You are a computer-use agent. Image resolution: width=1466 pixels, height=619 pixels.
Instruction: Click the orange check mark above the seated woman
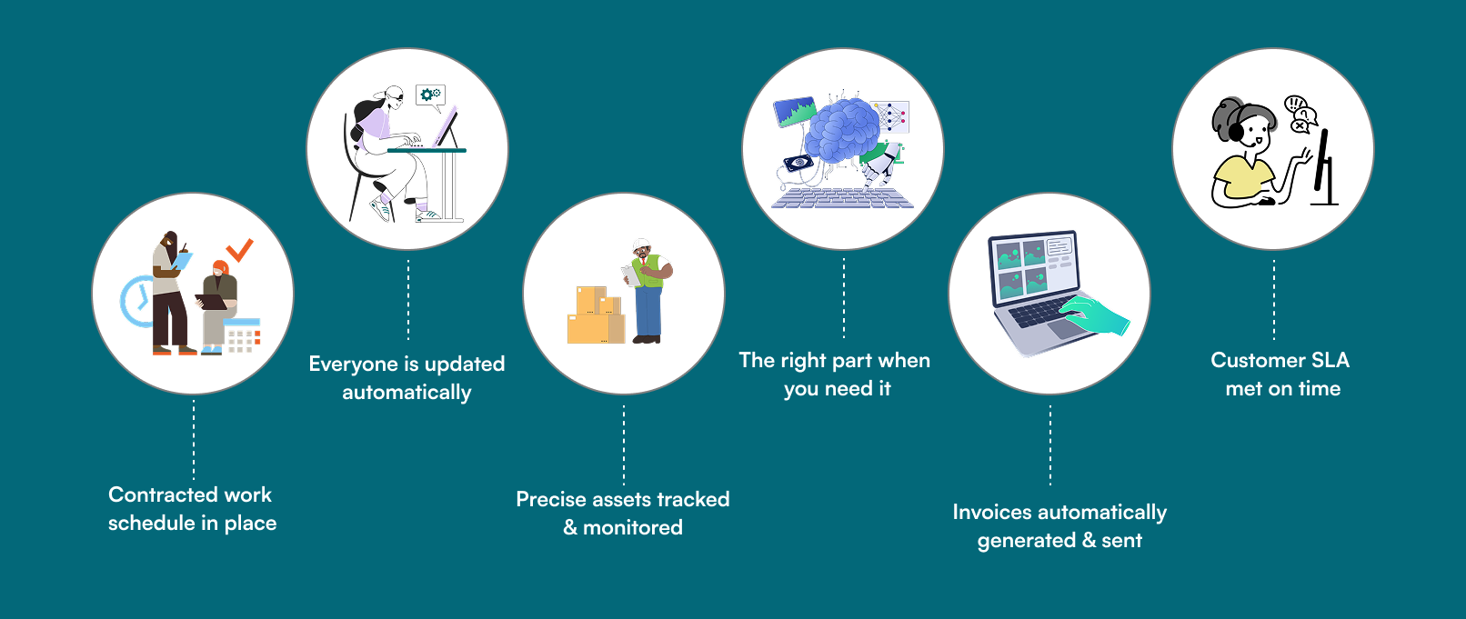(x=239, y=250)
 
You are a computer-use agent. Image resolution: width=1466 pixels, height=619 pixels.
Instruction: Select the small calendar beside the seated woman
(x=242, y=335)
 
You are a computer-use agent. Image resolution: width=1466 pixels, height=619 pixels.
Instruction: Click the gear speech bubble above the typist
(x=431, y=96)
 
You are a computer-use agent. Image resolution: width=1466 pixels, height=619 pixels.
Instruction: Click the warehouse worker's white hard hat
(x=641, y=245)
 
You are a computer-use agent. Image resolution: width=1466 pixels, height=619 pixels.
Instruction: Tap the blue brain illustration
(x=841, y=131)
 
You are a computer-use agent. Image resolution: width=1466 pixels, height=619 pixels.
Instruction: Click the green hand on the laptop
(x=1094, y=315)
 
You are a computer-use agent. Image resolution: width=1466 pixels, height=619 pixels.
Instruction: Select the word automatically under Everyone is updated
(x=407, y=393)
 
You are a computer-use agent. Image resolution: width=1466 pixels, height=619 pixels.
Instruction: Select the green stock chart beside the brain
(x=795, y=112)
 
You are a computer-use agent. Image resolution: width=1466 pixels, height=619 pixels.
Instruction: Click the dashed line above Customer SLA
(x=1273, y=300)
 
